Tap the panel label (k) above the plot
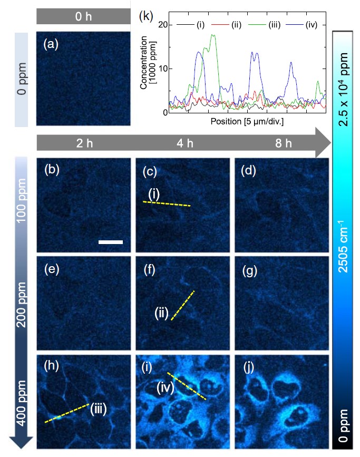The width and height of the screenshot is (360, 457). [x=145, y=16]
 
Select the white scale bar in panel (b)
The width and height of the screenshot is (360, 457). [x=111, y=242]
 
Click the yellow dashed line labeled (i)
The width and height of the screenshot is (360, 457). [x=167, y=203]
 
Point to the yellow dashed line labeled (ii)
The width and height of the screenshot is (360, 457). [x=183, y=306]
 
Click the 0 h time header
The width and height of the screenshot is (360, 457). [x=83, y=16]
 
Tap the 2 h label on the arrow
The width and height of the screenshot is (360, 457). [x=83, y=143]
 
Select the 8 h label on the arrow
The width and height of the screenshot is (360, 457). [x=280, y=143]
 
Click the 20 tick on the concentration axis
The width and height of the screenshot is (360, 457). [x=162, y=25]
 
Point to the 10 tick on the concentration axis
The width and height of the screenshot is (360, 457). [x=162, y=69]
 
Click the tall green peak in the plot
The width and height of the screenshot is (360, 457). [x=213, y=36]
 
